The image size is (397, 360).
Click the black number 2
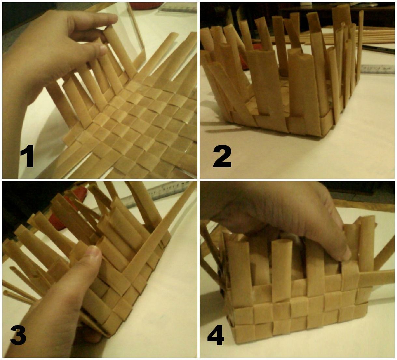222,157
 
